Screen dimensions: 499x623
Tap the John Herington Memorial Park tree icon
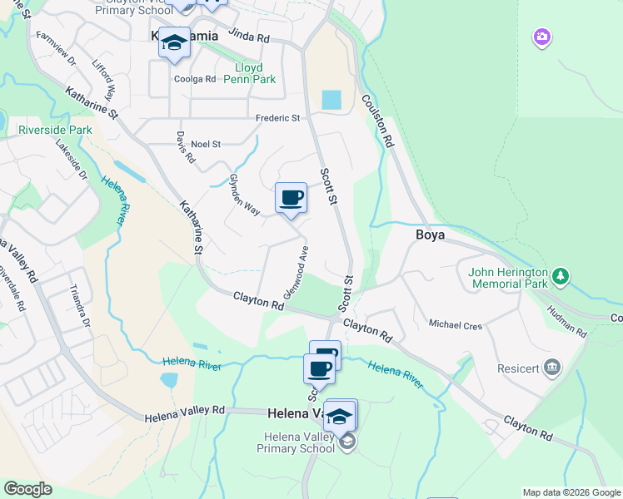pos(561,275)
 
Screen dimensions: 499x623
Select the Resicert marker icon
pos(551,367)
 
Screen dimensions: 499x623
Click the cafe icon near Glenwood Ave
pos(291,198)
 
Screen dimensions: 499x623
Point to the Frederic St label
pos(277,118)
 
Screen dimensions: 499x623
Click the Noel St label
pos(205,144)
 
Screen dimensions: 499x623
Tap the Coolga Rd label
pos(194,80)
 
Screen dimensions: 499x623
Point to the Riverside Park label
pos(55,131)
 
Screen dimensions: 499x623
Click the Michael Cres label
pos(456,324)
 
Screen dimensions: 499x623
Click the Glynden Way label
pos(244,195)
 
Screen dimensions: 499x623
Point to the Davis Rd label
pos(185,146)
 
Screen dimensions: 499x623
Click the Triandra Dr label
pos(80,306)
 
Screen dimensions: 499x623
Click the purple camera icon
pos(542,37)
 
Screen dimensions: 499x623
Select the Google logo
pos(27,489)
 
